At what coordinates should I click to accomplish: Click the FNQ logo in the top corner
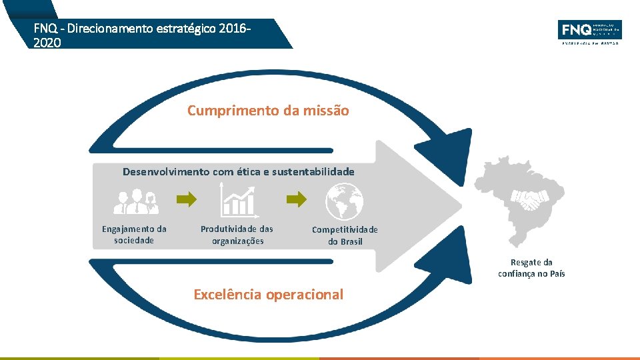pos(589,31)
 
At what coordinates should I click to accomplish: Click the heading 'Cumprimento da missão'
pos(268,111)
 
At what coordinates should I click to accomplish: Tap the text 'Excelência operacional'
pos(268,295)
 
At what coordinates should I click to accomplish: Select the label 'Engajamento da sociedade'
pos(134,235)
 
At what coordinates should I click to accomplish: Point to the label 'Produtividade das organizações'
pos(237,235)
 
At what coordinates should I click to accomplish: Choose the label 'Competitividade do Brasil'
pos(345,235)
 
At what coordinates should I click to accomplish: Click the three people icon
pos(135,201)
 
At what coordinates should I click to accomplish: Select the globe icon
pos(345,201)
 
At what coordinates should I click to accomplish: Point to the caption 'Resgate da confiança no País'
pos(531,268)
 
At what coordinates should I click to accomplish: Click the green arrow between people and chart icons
pos(188,199)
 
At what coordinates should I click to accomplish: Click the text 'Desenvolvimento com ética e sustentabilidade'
pos(238,172)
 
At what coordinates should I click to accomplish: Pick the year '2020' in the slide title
pos(47,42)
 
